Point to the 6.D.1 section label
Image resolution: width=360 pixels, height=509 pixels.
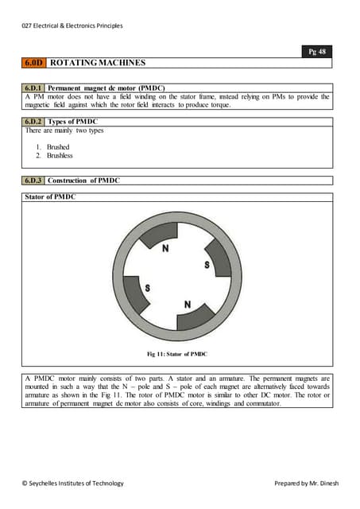pos(34,88)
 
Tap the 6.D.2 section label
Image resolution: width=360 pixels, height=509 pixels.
pos(34,122)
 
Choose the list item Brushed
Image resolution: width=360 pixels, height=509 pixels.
pos(58,147)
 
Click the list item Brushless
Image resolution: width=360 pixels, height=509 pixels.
pos(60,156)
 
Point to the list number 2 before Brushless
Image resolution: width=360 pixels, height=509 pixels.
pos(39,156)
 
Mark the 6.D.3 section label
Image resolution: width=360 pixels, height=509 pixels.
pos(34,181)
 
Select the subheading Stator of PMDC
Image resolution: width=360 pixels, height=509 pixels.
pos(51,196)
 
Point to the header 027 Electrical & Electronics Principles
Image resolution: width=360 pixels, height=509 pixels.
pos(72,25)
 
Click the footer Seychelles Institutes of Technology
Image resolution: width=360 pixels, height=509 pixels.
pos(72,483)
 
